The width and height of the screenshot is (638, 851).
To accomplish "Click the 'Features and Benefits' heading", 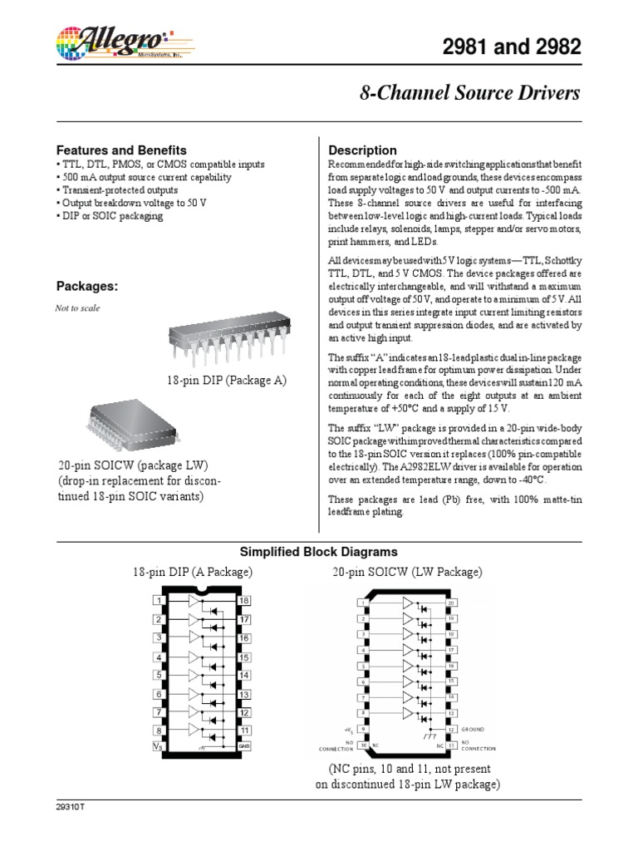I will (x=121, y=150).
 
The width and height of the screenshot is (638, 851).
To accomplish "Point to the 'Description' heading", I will (x=363, y=150).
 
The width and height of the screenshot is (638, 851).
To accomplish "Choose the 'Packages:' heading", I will (x=87, y=286).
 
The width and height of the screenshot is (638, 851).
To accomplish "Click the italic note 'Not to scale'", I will (x=77, y=307).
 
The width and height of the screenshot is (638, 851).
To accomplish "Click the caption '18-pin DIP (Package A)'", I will (x=227, y=380).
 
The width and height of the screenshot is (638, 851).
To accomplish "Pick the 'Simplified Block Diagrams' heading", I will (x=319, y=552).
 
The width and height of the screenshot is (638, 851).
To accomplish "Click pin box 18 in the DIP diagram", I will (x=244, y=600).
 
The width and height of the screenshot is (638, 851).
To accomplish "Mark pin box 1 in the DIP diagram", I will (x=158, y=600).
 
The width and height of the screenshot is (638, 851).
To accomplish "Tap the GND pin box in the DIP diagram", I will (x=244, y=746).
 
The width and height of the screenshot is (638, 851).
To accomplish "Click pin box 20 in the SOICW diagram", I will (x=451, y=603).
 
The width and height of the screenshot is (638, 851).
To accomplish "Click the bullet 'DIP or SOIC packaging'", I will (x=110, y=216).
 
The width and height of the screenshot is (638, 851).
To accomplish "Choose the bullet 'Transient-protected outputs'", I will (x=117, y=190).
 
